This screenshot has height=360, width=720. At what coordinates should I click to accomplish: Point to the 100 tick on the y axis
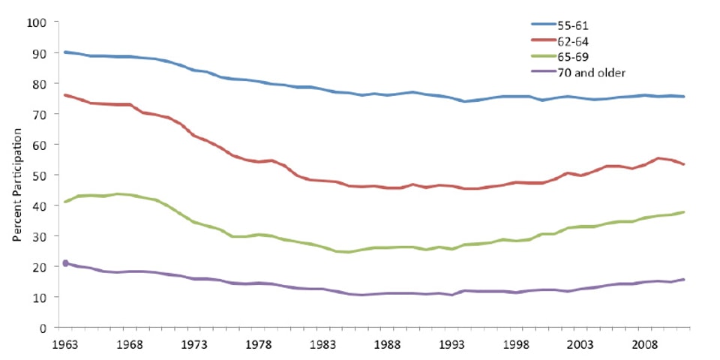[x=37, y=22]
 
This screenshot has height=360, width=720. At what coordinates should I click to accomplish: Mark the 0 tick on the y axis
[x=43, y=328]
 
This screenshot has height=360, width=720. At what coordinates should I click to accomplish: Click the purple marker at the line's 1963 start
[x=65, y=262]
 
